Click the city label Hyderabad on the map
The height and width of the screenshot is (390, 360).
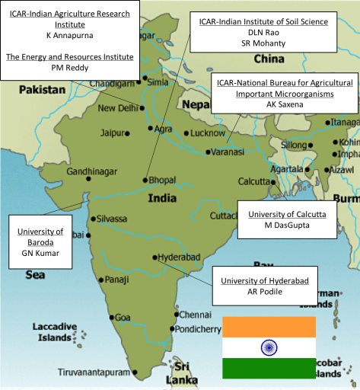(181, 257)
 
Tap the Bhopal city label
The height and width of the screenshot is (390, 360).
(163, 181)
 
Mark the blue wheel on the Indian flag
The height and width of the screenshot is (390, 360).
(269, 347)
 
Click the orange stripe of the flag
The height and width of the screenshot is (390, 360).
(269, 327)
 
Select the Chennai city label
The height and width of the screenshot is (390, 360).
(197, 314)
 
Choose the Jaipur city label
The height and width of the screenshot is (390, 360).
(112, 133)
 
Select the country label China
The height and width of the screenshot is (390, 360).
(269, 59)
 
